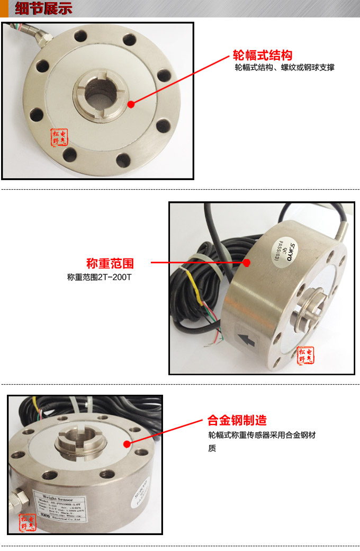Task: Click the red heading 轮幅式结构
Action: (x=263, y=56)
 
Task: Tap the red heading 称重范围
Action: (x=110, y=263)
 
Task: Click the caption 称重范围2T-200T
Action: (x=99, y=277)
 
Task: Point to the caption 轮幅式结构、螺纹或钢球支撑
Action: (x=284, y=68)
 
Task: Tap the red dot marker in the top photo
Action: (x=131, y=104)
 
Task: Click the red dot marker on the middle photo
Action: (x=246, y=262)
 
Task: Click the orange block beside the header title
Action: (x=4, y=9)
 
